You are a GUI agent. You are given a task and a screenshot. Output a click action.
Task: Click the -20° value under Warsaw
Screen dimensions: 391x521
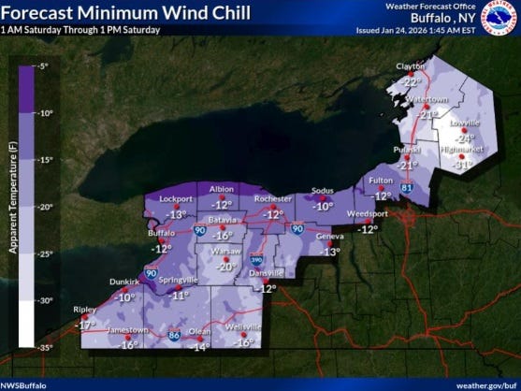[x=226, y=266]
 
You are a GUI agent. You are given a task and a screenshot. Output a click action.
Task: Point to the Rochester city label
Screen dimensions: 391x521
[x=272, y=198]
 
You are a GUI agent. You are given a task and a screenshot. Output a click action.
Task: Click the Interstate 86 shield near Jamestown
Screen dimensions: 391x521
[x=173, y=333]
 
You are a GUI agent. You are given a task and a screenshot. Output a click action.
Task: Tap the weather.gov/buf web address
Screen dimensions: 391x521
[x=485, y=384]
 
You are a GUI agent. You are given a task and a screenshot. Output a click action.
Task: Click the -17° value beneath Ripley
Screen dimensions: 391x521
[x=86, y=325]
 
